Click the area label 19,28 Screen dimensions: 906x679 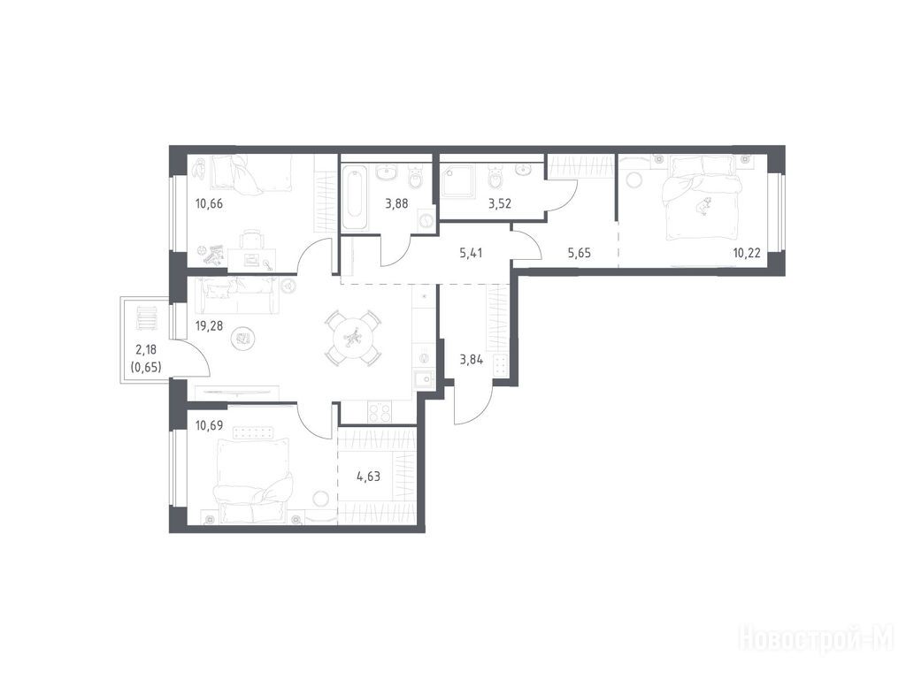(209, 325)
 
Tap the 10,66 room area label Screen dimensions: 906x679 (209, 203)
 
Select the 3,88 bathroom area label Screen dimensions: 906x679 (397, 203)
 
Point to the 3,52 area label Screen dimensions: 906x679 (500, 203)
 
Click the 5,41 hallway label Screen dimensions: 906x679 (471, 252)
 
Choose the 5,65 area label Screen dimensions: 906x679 (580, 252)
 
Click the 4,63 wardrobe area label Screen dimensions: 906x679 (369, 477)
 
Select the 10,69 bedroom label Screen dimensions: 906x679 (209, 427)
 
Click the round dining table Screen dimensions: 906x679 (352, 338)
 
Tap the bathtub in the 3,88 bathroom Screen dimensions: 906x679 (355, 197)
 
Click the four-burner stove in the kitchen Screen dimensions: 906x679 (380, 412)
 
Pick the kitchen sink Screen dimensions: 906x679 (426, 379)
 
